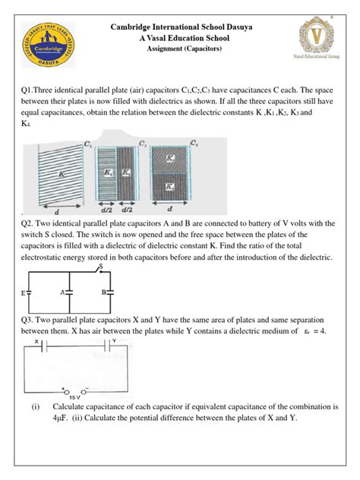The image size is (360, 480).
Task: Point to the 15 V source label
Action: (74, 396)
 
